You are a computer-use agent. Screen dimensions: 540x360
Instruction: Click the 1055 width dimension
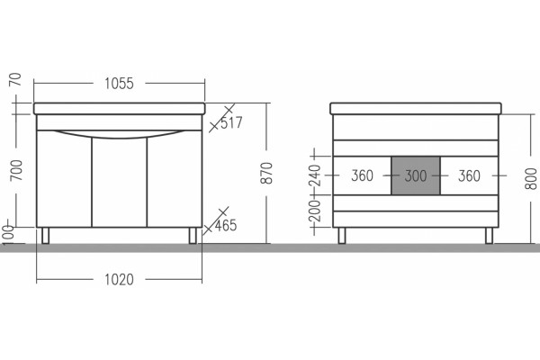(x=119, y=84)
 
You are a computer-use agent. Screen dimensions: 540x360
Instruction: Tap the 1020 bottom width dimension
(x=119, y=279)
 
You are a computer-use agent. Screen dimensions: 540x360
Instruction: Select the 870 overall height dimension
(x=266, y=173)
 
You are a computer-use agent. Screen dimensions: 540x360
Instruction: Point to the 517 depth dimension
(x=231, y=122)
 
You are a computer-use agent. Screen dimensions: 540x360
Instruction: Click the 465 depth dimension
(x=226, y=225)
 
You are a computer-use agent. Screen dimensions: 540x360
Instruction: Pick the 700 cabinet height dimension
(x=16, y=170)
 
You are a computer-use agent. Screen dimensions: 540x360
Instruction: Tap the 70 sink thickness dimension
(x=16, y=79)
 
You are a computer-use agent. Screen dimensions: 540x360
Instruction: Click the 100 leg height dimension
(x=7, y=235)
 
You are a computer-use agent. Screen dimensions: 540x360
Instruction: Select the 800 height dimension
(x=531, y=178)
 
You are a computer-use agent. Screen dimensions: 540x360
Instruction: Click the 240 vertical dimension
(x=315, y=175)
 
